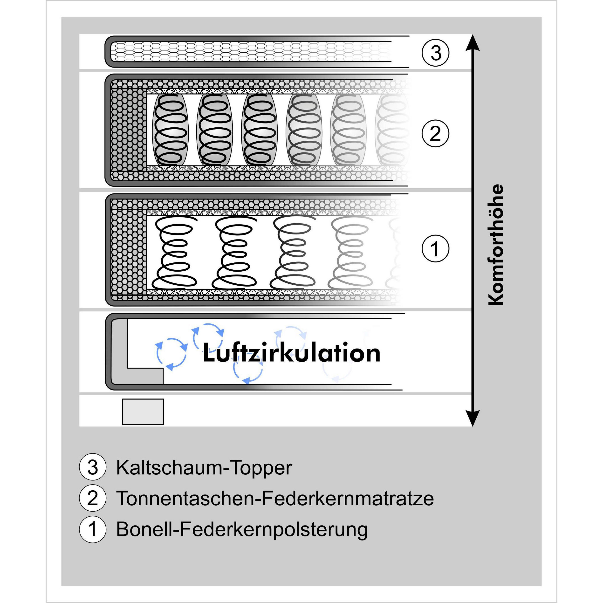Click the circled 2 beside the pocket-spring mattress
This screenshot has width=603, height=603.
pyautogui.click(x=435, y=134)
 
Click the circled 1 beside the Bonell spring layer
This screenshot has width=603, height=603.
pyautogui.click(x=435, y=248)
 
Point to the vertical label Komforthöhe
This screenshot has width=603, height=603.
pyautogui.click(x=496, y=245)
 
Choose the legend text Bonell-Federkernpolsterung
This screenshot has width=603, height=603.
pyautogui.click(x=242, y=529)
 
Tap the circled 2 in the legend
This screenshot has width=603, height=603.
pyautogui.click(x=93, y=498)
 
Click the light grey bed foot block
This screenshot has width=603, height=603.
pyautogui.click(x=143, y=412)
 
